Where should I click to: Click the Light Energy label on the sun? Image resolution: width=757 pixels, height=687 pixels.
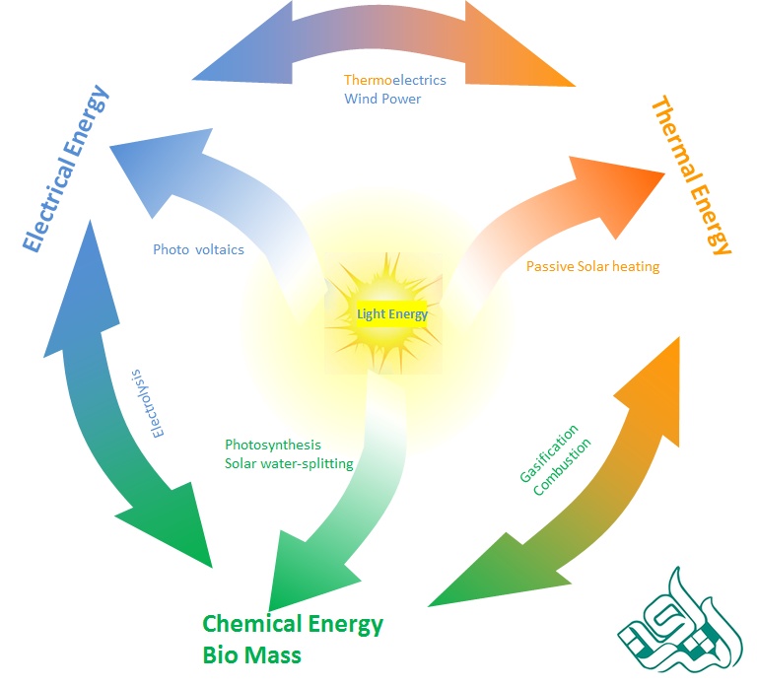click(x=392, y=314)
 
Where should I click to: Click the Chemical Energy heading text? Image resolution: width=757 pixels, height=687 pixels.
click(x=293, y=624)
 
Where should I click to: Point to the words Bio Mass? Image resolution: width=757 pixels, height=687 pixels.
click(x=252, y=654)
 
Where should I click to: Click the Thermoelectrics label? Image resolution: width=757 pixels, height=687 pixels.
click(x=394, y=80)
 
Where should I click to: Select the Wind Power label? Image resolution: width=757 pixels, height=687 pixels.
click(x=382, y=99)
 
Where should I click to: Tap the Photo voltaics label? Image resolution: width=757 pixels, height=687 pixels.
click(x=198, y=249)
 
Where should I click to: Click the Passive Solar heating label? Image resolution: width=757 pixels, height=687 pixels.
click(x=592, y=266)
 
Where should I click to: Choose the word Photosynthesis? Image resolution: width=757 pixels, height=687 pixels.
click(x=273, y=445)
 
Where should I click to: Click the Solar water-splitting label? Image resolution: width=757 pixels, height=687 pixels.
click(x=289, y=463)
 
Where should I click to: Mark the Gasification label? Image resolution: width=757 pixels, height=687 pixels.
click(x=550, y=454)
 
